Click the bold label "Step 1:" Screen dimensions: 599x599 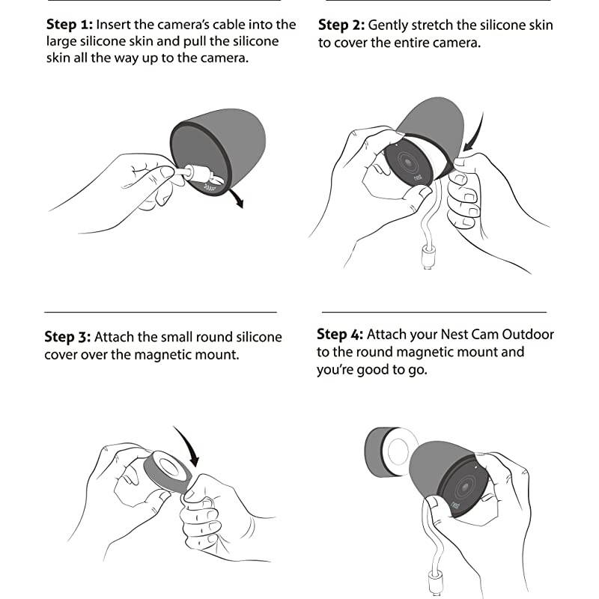click(x=70, y=25)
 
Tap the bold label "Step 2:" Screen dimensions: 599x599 click(x=341, y=25)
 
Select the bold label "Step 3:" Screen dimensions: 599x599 click(x=67, y=337)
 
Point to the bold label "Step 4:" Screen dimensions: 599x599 click(x=340, y=334)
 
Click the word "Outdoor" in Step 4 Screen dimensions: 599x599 click(x=528, y=334)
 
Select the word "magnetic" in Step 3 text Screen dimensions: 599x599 click(x=162, y=355)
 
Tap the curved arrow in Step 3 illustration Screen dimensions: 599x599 click(x=189, y=445)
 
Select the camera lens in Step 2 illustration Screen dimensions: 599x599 click(x=407, y=162)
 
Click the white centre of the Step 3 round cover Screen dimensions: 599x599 click(x=168, y=465)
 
